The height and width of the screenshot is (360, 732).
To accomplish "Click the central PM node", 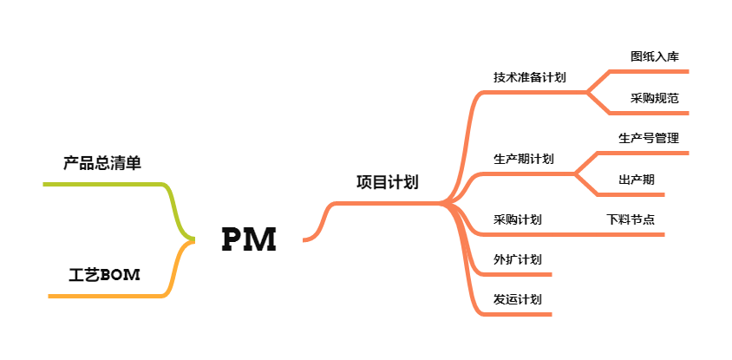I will pos(249,239).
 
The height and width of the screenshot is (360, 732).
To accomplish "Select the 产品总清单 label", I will pos(101,163).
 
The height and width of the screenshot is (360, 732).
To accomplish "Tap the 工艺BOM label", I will pos(104,276).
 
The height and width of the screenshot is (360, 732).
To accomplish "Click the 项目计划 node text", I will pos(387,182).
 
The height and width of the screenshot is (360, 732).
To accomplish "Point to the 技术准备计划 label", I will pos(530,77).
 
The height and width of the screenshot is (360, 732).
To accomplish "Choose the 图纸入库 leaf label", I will pos(655,56).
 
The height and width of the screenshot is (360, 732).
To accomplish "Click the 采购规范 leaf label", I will pos(655,98).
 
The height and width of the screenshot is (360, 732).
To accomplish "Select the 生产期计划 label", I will pos(524,159).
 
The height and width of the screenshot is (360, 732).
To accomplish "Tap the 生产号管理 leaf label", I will pos(648,138).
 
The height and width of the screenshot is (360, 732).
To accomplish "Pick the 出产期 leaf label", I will pos(637,180).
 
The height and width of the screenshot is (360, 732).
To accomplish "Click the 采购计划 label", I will pos(518,219).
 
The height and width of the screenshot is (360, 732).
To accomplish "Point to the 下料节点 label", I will pos(631,219).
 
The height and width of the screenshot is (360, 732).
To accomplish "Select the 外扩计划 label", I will pos(518,259).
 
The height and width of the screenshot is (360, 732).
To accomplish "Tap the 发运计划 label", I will pos(518,299).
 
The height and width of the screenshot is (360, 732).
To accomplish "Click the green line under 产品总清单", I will pos(104,184).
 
